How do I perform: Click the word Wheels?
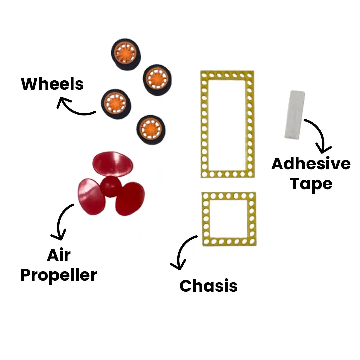[52, 84]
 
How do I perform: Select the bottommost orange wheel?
[151, 129]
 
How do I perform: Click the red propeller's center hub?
[111, 187]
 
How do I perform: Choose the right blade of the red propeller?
[130, 199]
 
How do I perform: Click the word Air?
[59, 255]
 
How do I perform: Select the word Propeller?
[59, 275]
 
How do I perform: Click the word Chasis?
[208, 286]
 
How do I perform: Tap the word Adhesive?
[311, 164]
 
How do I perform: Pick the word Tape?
[311, 184]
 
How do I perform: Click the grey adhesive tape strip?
[295, 114]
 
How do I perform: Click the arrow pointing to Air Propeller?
[62, 222]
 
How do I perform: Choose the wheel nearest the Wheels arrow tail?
[115, 104]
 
